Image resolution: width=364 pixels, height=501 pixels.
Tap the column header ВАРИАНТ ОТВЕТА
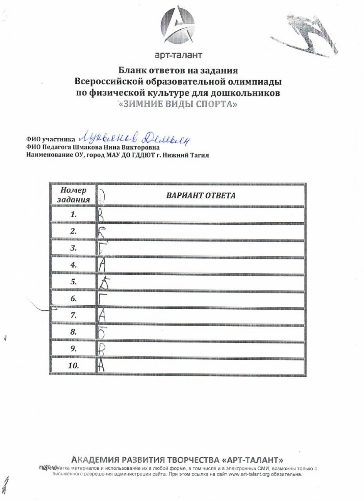[x=201, y=196]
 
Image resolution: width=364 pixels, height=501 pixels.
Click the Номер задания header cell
[x=73, y=195]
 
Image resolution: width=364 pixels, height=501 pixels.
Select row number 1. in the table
[x=74, y=215]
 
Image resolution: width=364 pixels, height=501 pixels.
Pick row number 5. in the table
[x=74, y=282]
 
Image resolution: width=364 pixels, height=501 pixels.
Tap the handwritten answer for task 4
[x=102, y=265]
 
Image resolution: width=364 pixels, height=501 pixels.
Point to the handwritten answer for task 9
[x=101, y=349]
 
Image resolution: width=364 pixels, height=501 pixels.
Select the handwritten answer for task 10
[x=102, y=366]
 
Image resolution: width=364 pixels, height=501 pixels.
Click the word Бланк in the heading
[x=130, y=71]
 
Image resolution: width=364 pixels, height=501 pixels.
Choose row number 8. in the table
[x=74, y=332]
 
